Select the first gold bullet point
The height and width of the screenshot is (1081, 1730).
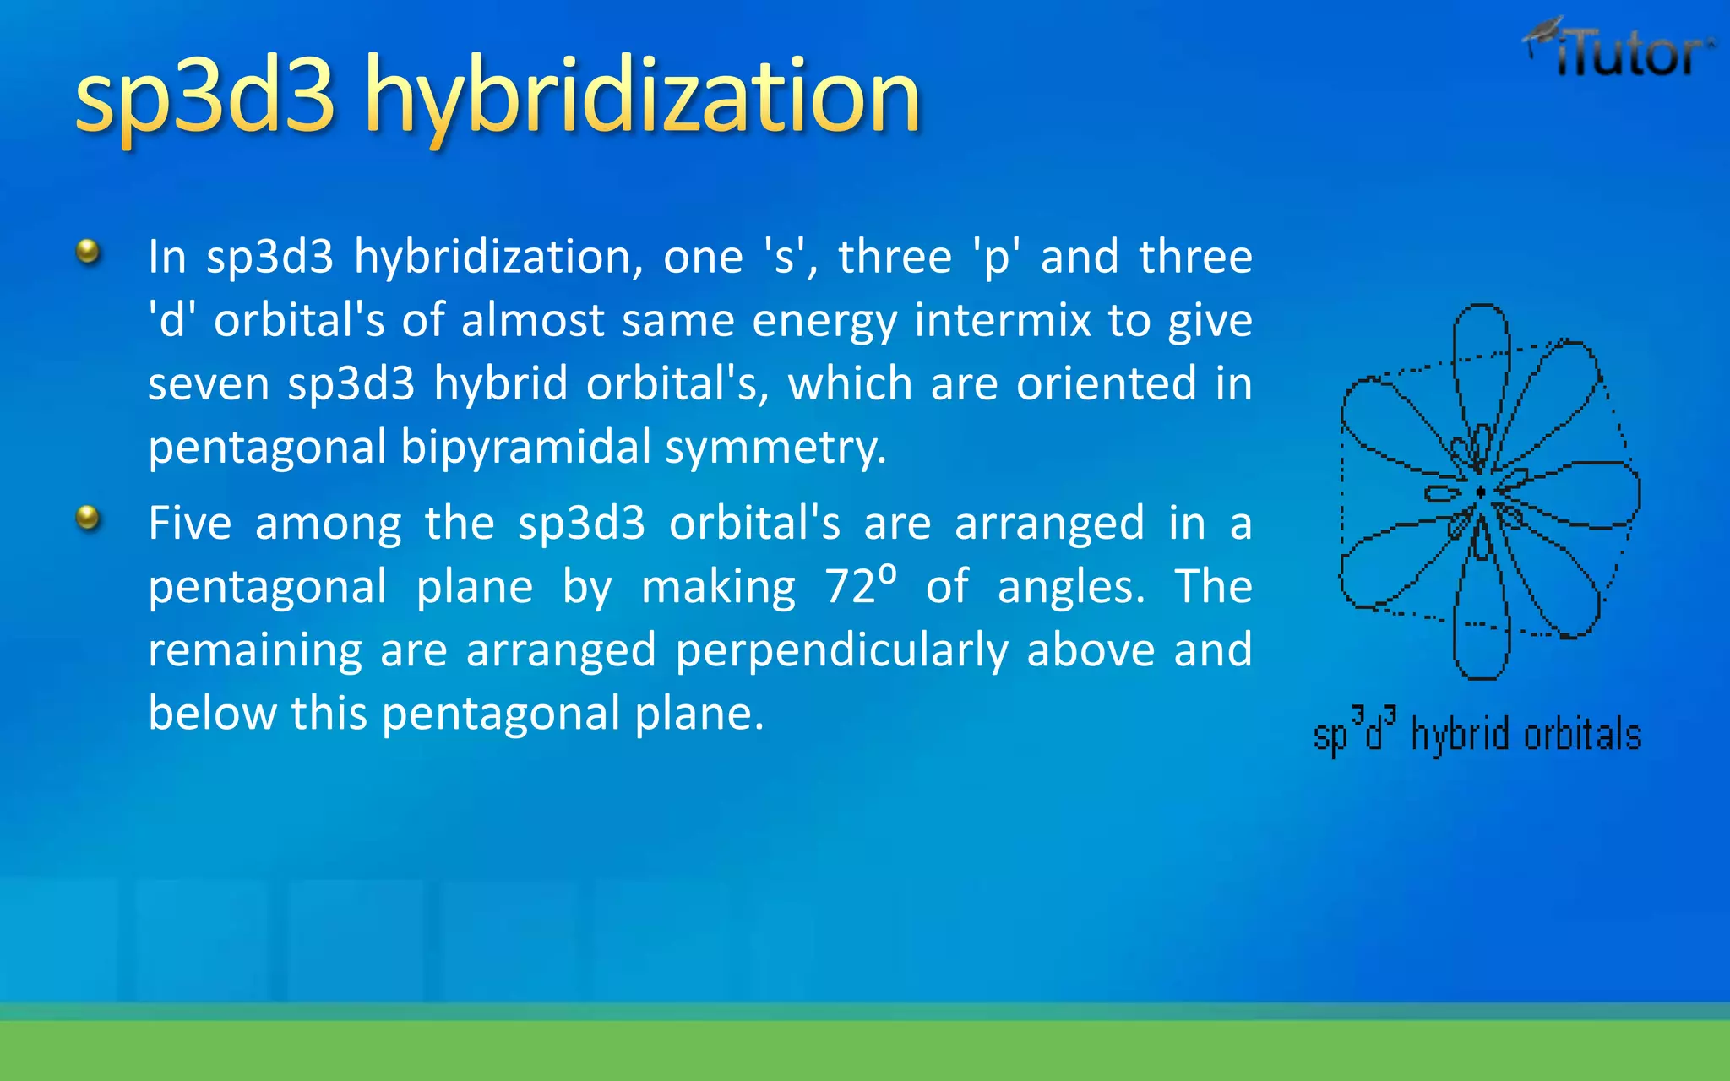coord(88,252)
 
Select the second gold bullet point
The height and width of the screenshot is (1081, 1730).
coord(88,517)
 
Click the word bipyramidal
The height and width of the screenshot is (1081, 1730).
coord(525,448)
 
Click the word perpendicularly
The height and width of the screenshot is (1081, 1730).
coord(841,650)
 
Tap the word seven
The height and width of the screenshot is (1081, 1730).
coord(208,384)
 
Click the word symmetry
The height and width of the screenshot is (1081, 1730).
coord(775,448)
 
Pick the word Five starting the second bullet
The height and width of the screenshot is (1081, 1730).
coord(190,523)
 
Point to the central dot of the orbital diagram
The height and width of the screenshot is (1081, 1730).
coord(1480,492)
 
